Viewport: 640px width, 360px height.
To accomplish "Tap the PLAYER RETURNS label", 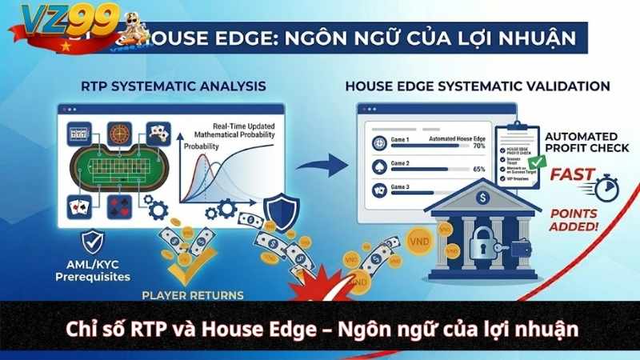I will tap(193, 295).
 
